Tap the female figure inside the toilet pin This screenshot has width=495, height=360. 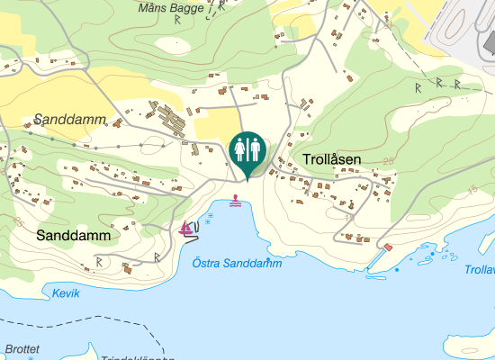point(240,149)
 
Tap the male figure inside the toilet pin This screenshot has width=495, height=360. point(254,149)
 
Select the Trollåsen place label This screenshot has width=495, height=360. point(332,160)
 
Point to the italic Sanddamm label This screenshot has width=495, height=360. point(70,120)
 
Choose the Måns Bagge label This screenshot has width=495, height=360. point(170,8)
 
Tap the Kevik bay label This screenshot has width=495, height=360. point(67,293)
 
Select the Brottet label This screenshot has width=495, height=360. point(22,348)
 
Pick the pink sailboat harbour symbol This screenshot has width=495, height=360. point(187,228)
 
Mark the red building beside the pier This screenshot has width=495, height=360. point(388,247)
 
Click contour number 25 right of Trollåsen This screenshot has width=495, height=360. point(388,161)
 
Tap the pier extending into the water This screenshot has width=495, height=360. point(377,260)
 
